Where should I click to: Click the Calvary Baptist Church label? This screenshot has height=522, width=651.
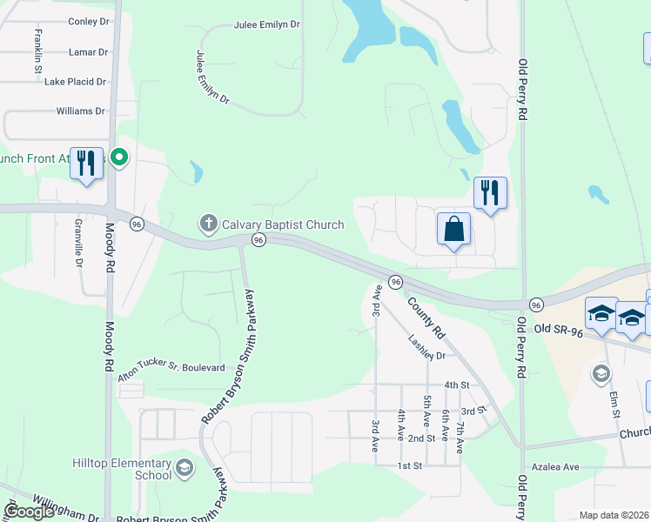pyautogui.click(x=283, y=224)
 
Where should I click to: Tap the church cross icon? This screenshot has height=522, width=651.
pyautogui.click(x=208, y=224)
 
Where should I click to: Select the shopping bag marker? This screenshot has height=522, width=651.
pyautogui.click(x=453, y=231)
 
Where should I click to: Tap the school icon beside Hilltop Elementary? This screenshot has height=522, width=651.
pyautogui.click(x=184, y=469)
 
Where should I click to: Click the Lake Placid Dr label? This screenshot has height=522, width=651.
pyautogui.click(x=75, y=82)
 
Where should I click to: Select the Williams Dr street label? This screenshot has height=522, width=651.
pyautogui.click(x=80, y=111)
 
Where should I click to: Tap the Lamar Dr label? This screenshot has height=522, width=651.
pyautogui.click(x=88, y=52)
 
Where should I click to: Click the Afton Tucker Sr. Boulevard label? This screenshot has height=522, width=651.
pyautogui.click(x=171, y=368)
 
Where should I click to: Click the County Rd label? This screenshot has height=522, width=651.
pyautogui.click(x=426, y=319)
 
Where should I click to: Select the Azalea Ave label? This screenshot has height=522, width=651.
pyautogui.click(x=557, y=467)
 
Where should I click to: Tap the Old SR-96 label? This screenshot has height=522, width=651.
pyautogui.click(x=556, y=328)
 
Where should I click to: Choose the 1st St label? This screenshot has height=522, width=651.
pyautogui.click(x=409, y=466)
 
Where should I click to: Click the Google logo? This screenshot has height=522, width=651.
pyautogui.click(x=29, y=511)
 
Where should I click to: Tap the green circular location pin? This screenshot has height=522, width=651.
pyautogui.click(x=120, y=158)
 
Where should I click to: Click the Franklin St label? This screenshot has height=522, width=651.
pyautogui.click(x=37, y=50)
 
